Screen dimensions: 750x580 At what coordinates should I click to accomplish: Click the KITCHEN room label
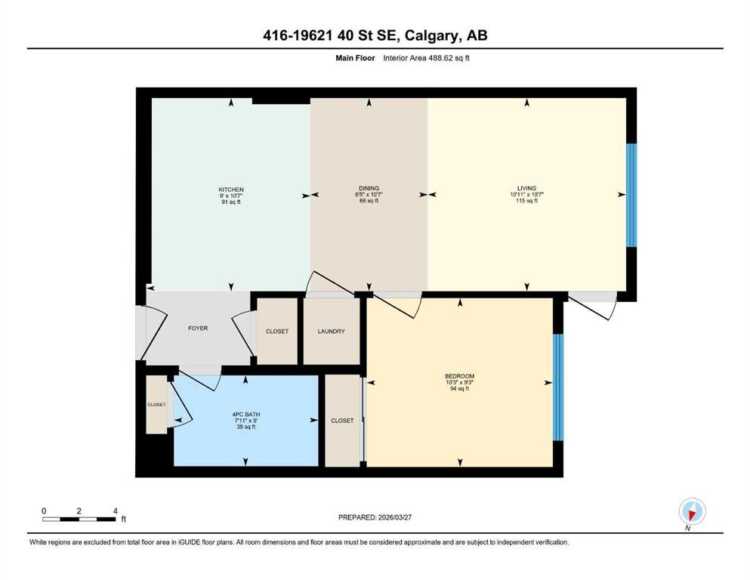pos(231,190)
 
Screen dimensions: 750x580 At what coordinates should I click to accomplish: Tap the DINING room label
pos(369,188)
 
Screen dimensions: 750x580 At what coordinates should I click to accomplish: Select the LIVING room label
pos(526,188)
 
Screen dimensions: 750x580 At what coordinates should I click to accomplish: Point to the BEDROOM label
pos(460,376)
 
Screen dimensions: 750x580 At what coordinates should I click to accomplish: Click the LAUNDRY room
pos(331,331)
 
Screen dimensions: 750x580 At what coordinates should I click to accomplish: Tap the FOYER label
pos(198,328)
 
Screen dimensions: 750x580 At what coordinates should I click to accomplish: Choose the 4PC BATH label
pos(246,414)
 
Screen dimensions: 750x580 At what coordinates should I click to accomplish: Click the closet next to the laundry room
pos(277,331)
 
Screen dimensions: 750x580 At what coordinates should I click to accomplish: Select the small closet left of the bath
pos(156,405)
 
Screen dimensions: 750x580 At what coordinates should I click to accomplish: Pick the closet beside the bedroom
pos(342,421)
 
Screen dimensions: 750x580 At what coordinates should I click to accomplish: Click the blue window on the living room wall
pos(631,195)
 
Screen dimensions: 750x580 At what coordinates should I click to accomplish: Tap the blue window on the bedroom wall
pos(558,387)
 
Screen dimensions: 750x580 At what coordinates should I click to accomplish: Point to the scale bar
pos(79,519)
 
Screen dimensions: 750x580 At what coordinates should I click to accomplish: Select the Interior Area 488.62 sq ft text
pos(426,58)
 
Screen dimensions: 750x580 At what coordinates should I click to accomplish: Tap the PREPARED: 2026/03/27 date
pos(375,517)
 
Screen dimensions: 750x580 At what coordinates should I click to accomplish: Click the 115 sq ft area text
pos(526,201)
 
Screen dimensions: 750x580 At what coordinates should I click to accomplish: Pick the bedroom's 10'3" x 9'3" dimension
pos(460,383)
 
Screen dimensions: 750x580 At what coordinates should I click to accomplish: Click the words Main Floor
pos(355,58)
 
